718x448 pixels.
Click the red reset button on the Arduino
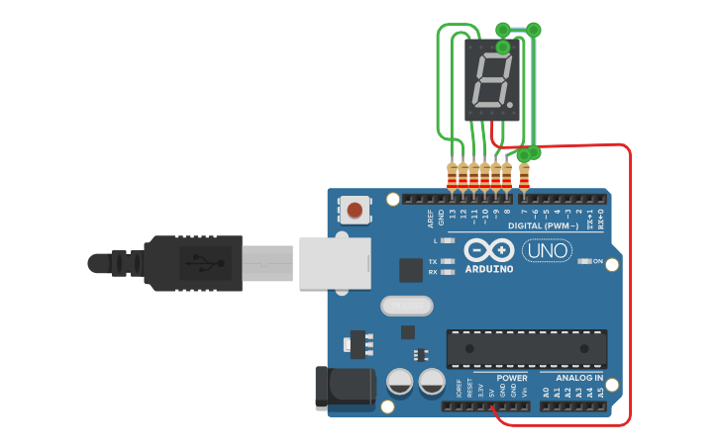[355, 209]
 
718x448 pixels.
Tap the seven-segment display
[492, 80]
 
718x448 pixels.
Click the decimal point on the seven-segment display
[510, 104]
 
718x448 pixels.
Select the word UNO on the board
[547, 251]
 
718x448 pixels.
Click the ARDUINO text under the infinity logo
[489, 269]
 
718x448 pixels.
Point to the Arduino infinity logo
[488, 251]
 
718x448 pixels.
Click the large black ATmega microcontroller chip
[526, 349]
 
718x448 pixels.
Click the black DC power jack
[342, 388]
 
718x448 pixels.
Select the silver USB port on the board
[334, 262]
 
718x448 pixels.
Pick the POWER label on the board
[512, 378]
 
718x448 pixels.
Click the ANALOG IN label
[579, 378]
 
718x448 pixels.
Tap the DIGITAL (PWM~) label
[544, 225]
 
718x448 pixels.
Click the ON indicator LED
[584, 261]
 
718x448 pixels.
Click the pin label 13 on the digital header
[453, 214]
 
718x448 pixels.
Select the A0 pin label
[545, 393]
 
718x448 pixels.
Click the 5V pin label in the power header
[491, 393]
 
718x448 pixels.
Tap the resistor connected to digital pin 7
[524, 178]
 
